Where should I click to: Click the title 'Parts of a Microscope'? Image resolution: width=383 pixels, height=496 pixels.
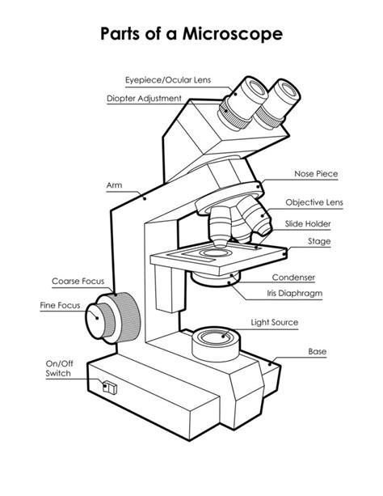point(191,35)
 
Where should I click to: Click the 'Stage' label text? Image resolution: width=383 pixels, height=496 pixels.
point(319,241)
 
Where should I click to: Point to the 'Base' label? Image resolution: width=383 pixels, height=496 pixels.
point(317,352)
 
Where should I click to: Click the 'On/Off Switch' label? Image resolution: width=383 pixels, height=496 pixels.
point(58,369)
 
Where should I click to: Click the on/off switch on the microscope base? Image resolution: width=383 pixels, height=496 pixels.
point(110,388)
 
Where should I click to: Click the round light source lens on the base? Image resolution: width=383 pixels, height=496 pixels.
point(214,336)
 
